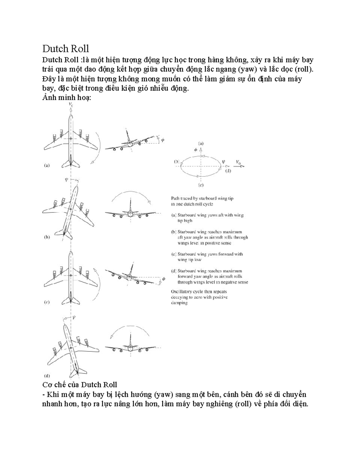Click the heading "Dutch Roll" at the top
pyautogui.click(x=65, y=49)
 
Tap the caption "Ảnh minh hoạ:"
pyautogui.click(x=66, y=98)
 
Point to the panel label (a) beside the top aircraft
pyautogui.click(x=47, y=165)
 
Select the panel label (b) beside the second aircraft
pyautogui.click(x=47, y=237)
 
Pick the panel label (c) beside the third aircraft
pyautogui.click(x=47, y=302)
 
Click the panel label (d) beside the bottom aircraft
pyautogui.click(x=47, y=375)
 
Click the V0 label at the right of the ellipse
pyautogui.click(x=238, y=162)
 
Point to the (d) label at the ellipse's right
pyautogui.click(x=228, y=171)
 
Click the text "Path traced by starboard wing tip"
pyautogui.click(x=202, y=198)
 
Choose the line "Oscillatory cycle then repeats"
pyautogui.click(x=199, y=291)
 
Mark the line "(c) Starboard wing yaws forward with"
pyautogui.click(x=207, y=254)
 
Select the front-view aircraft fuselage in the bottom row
pyautogui.click(x=130, y=348)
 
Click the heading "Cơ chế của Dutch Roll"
pyautogui.click(x=79, y=385)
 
